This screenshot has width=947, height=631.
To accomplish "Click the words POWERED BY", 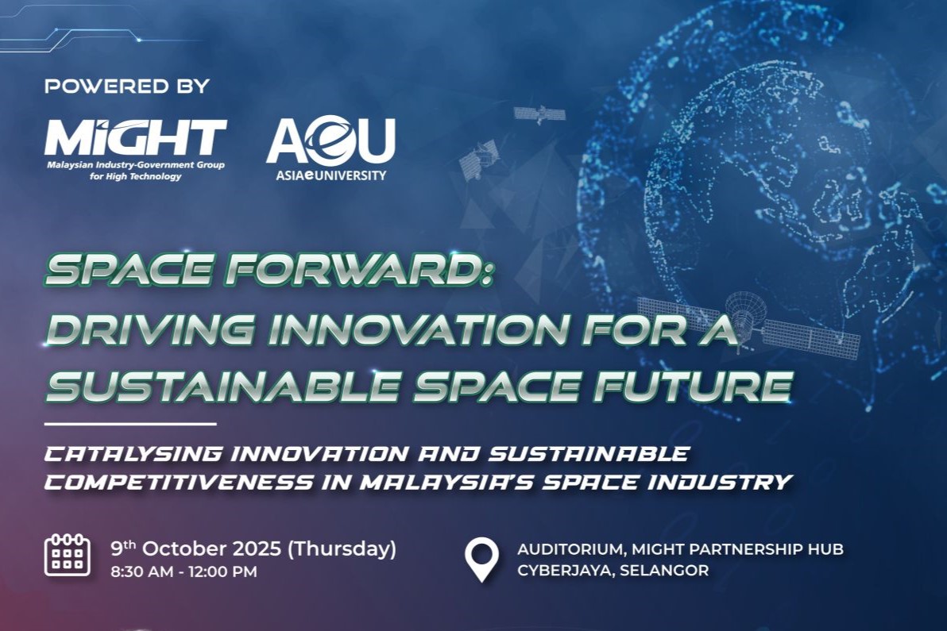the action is [127, 87].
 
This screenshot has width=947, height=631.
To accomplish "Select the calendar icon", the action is [68, 554].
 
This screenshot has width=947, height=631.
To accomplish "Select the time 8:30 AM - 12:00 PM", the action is [184, 571].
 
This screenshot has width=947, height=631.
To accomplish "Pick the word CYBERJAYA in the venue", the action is [566, 570].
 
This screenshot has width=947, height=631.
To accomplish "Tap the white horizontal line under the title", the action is [130, 424].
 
